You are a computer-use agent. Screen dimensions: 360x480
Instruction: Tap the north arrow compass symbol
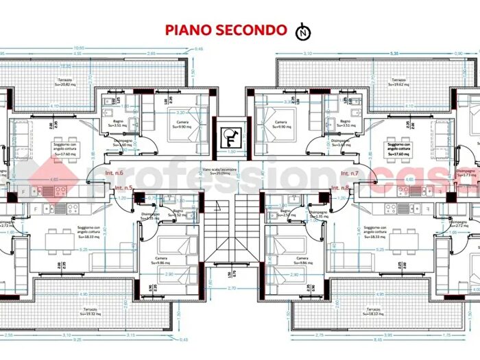point(302,31)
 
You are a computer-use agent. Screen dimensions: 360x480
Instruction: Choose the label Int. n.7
point(350,173)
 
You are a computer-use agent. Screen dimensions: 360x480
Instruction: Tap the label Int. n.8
point(340,187)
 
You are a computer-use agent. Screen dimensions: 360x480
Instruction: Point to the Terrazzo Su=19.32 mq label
point(88,312)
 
